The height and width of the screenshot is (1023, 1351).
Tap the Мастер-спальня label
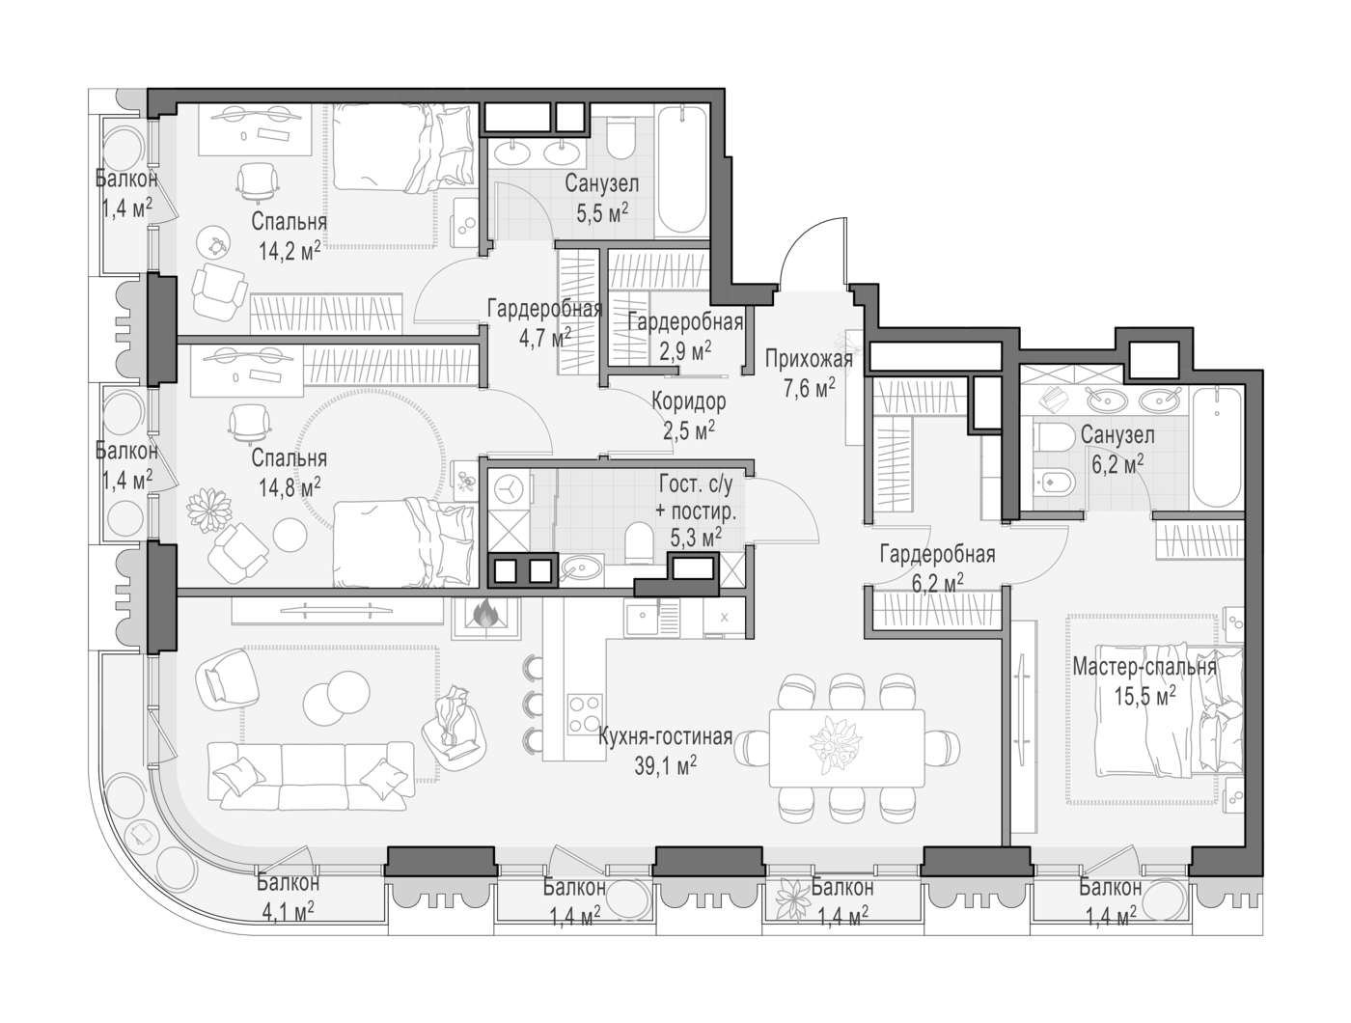(1144, 667)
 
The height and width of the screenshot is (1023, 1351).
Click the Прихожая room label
(809, 359)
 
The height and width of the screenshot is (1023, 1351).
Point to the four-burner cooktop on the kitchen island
(584, 713)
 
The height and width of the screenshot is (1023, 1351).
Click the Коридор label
(689, 401)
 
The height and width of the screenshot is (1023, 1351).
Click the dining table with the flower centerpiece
(846, 748)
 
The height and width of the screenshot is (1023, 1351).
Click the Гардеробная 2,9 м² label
(686, 336)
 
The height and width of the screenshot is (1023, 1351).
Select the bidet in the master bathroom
(1056, 483)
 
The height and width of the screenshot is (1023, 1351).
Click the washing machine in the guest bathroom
(510, 488)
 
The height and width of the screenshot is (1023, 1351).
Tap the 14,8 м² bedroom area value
(289, 486)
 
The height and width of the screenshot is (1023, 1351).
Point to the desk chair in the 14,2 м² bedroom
(255, 181)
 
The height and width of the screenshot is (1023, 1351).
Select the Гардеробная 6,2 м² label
(937, 567)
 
